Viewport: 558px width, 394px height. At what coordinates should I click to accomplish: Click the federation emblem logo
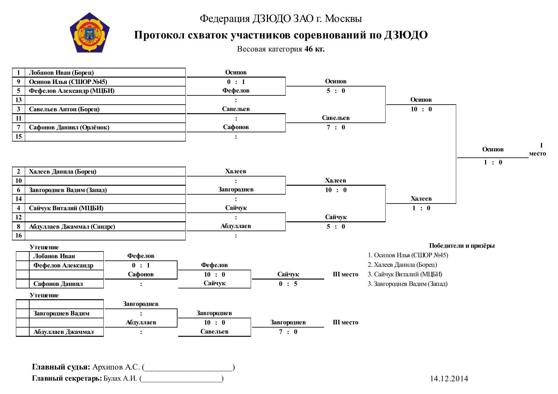point(90,33)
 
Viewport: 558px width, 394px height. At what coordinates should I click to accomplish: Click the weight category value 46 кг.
point(314,49)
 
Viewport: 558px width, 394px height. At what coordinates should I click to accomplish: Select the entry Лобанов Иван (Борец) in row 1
point(61,73)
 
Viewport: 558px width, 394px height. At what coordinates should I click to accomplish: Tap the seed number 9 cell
point(18,82)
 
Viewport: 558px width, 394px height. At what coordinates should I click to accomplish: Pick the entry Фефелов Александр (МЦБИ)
point(72,91)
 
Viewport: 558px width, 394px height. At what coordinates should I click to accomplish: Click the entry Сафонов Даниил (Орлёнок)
point(69,128)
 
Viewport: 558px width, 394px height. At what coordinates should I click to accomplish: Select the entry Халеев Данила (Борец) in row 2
point(63,172)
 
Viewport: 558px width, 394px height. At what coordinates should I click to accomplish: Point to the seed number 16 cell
point(18,236)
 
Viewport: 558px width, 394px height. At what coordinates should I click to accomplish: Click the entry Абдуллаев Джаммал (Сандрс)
point(72,227)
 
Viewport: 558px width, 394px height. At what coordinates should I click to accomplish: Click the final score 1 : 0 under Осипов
point(493,162)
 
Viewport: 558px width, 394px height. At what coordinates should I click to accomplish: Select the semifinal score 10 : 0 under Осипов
point(421,109)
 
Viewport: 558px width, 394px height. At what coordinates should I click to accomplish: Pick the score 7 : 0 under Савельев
point(336,128)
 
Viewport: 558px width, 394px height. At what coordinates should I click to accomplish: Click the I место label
point(538,149)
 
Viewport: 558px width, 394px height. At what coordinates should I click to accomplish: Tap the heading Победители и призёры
point(462,245)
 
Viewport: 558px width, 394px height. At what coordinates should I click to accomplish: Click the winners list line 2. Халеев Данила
point(402,265)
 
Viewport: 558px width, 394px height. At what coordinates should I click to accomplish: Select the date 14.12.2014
point(449,379)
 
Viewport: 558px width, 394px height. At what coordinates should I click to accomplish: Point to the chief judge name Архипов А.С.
point(116,367)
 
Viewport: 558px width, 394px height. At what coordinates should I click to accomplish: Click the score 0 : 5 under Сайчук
point(288,284)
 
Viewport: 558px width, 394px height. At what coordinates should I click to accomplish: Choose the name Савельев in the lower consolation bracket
point(214,332)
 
